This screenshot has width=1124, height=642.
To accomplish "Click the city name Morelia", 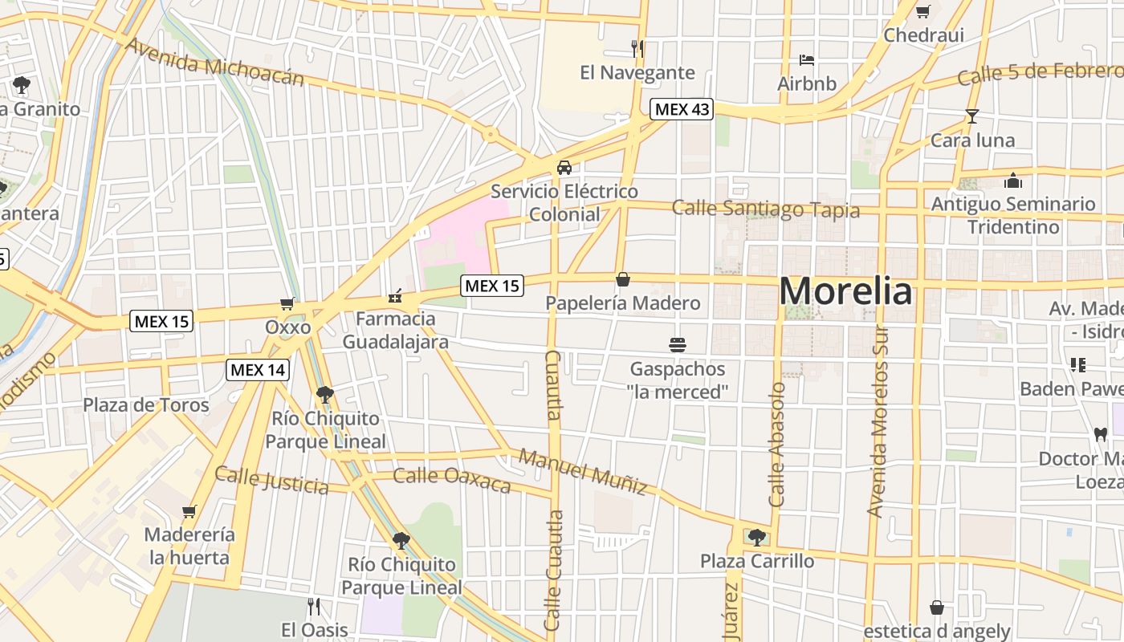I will pyautogui.click(x=845, y=291).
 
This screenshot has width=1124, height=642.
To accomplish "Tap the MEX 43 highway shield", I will pyautogui.click(x=682, y=109).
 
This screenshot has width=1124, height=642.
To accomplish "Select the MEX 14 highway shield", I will pyautogui.click(x=258, y=370).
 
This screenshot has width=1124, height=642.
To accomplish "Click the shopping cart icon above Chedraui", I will pyautogui.click(x=922, y=12).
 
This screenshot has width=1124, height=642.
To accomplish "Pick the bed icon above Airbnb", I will pyautogui.click(x=807, y=60).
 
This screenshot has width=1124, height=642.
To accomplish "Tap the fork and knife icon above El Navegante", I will pyautogui.click(x=637, y=48).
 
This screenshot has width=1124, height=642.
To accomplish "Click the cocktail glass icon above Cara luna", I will pyautogui.click(x=972, y=116).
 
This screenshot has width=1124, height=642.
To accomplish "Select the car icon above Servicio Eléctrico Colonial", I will pyautogui.click(x=564, y=167).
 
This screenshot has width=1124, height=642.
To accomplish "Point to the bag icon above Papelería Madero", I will pyautogui.click(x=622, y=279).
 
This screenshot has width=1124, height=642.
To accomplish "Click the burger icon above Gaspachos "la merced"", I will pyautogui.click(x=678, y=345).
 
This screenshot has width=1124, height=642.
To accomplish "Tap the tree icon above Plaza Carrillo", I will pyautogui.click(x=756, y=537).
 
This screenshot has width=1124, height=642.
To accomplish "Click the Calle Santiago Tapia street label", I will pyautogui.click(x=765, y=209).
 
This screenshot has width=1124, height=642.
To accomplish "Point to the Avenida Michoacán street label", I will pyautogui.click(x=214, y=62).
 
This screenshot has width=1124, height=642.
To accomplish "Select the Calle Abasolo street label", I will pyautogui.click(x=777, y=445).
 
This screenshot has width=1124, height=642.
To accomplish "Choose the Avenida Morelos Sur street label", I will pyautogui.click(x=878, y=420).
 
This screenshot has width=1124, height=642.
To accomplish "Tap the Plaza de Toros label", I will pyautogui.click(x=146, y=405).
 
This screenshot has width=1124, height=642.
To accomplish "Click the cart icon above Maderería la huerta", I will pyautogui.click(x=189, y=511).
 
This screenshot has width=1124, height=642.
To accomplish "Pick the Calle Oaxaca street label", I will pyautogui.click(x=452, y=480).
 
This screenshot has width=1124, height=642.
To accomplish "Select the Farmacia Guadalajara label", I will pyautogui.click(x=396, y=330).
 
